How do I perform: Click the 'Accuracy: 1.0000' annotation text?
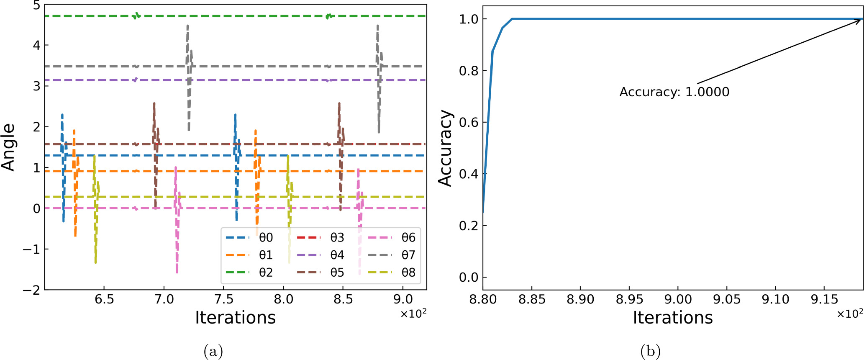click(x=674, y=92)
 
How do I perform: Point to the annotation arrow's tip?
click(x=861, y=20)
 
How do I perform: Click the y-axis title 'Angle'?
click(x=8, y=147)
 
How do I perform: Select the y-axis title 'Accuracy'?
click(x=445, y=148)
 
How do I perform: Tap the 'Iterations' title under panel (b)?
click(x=672, y=318)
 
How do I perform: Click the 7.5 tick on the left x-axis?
click(x=223, y=300)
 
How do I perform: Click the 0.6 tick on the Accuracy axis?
click(x=469, y=122)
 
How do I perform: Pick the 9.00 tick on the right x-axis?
click(x=678, y=300)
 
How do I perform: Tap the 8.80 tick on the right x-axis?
click(x=483, y=300)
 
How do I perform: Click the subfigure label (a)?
click(x=213, y=351)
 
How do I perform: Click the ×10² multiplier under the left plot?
click(x=413, y=314)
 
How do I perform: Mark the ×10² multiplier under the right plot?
click(x=850, y=314)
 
